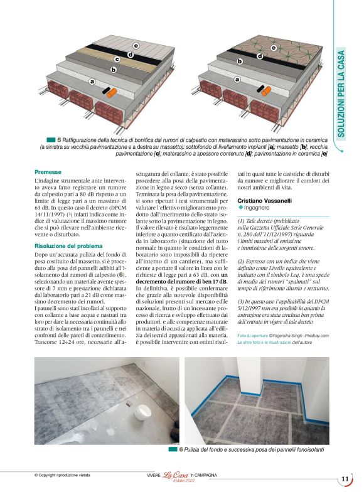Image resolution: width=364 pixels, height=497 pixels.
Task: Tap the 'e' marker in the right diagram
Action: click(273, 48)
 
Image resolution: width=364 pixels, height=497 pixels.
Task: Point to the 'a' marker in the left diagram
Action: click(92, 82)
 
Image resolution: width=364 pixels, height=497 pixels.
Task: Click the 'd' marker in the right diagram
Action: click(259, 55)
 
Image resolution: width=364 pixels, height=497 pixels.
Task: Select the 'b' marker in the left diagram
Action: click(114, 70)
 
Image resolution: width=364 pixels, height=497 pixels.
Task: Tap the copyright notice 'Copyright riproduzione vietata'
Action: click(67, 476)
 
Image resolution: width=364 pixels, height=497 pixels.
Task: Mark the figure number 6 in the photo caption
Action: click(181, 449)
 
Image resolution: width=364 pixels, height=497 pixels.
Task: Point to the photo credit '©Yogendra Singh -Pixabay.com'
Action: click(288, 336)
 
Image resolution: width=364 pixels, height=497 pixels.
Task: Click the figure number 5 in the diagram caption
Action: click(59, 139)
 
